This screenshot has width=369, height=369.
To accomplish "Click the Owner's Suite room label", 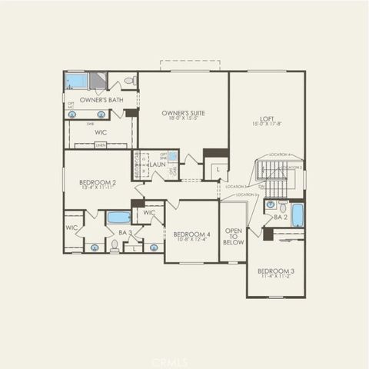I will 183,115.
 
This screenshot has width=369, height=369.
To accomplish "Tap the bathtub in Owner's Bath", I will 76,81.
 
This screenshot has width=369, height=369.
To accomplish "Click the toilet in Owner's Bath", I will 130,80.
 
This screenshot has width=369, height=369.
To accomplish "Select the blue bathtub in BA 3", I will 118,217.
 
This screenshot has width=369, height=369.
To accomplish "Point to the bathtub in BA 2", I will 298,214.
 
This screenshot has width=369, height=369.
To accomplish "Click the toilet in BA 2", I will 283,208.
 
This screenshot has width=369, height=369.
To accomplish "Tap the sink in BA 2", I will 271,205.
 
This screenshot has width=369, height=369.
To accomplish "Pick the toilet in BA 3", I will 114,245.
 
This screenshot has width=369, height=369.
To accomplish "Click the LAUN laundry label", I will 158,165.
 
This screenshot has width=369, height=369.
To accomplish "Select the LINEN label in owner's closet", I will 100,145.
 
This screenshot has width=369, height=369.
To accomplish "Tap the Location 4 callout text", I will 279,155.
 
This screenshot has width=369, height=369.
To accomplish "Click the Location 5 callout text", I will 247,195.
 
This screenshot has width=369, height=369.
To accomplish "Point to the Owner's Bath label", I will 101,100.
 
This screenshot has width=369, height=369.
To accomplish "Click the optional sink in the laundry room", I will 173,156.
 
